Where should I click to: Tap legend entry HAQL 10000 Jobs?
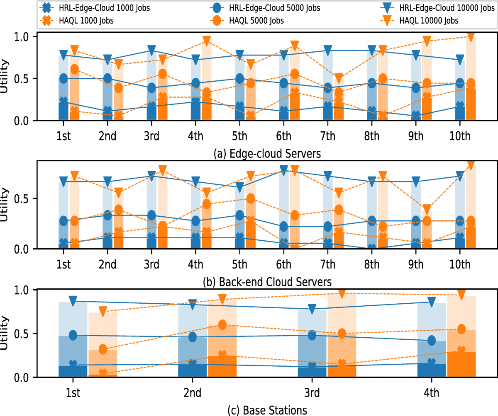[x=427, y=20]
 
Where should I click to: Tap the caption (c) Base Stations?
[x=267, y=410]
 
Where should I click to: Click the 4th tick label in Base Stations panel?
[x=432, y=393]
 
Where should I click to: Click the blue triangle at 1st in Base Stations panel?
[x=73, y=301]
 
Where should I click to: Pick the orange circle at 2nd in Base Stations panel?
[x=222, y=325]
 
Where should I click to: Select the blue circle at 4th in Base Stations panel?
[x=432, y=341]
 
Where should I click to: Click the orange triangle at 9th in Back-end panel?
[x=427, y=210]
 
